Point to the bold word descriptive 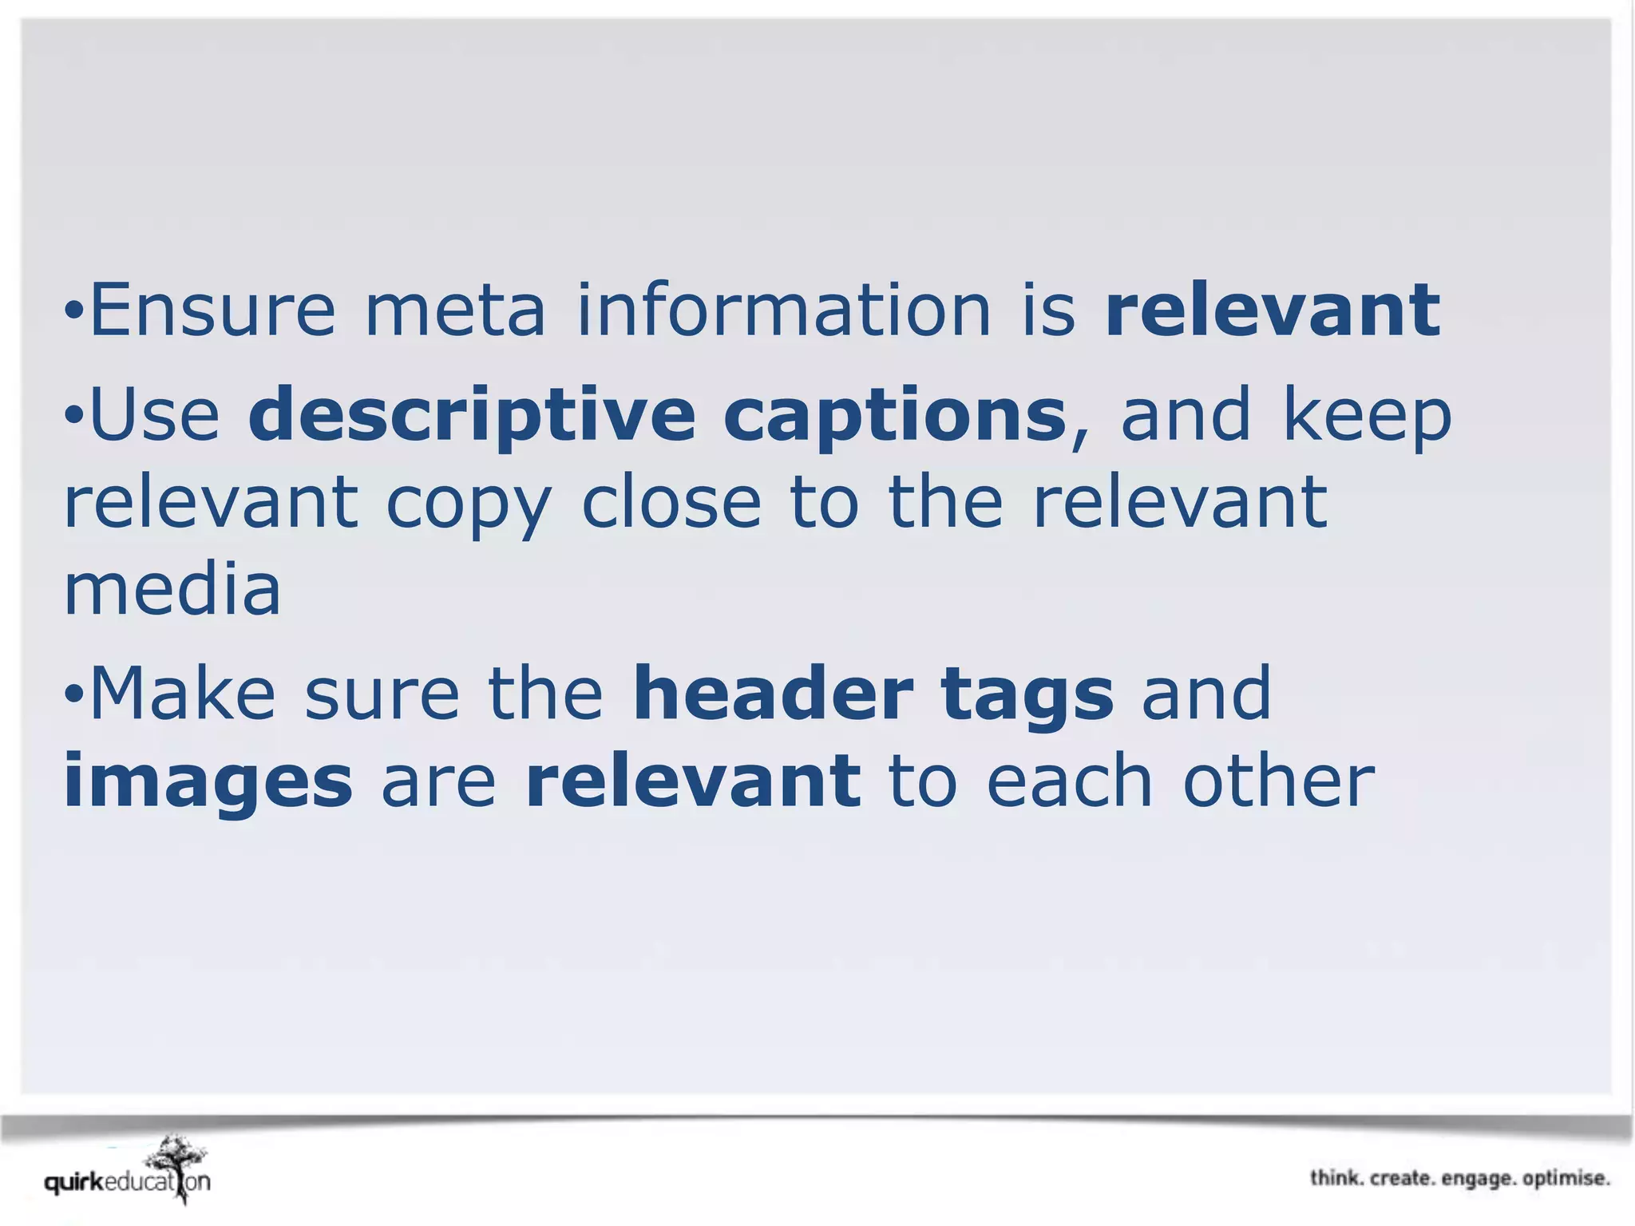tap(472, 415)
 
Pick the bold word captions tap(895, 415)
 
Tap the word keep tap(1366, 415)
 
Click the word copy tap(469, 503)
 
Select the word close tap(671, 503)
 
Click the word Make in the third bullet tap(183, 693)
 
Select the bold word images tap(208, 781)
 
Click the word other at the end tap(1278, 781)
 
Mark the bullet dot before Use tap(73, 415)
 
